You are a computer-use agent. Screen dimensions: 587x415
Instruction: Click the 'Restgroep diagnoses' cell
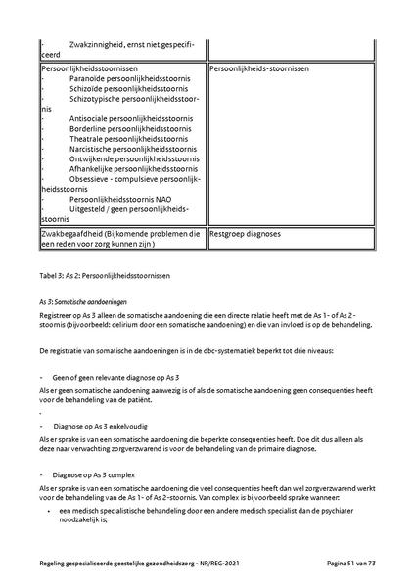[x=246, y=234]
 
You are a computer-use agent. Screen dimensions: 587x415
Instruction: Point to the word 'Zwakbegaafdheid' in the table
[x=69, y=234]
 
